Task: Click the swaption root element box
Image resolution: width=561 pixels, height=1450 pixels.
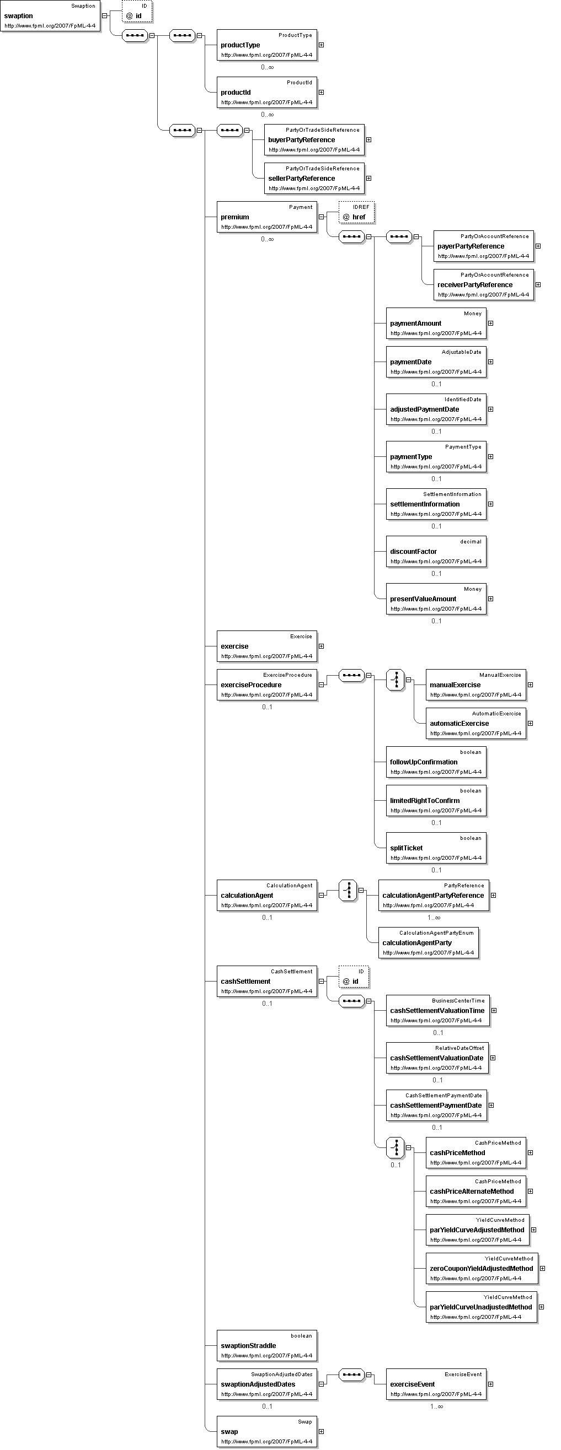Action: tap(50, 16)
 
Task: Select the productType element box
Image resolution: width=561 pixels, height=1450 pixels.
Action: tap(267, 45)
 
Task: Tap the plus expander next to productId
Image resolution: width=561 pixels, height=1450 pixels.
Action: tap(321, 93)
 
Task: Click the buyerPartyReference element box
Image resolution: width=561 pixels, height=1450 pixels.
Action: tap(314, 139)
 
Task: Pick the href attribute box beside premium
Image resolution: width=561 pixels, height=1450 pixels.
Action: tap(356, 213)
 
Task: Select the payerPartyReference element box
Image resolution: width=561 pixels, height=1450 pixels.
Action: tap(484, 246)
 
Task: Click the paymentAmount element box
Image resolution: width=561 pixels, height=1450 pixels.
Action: tap(436, 323)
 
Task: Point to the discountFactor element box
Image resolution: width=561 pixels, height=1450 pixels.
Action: tap(436, 552)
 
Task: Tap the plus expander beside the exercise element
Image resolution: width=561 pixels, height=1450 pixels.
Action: tap(321, 646)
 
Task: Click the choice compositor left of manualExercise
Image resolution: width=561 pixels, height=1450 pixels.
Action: tap(396, 680)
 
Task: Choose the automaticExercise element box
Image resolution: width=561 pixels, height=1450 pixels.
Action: tap(476, 723)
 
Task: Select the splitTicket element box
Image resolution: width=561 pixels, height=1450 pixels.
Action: tap(436, 848)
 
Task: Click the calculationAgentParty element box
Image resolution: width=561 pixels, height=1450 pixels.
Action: tap(429, 943)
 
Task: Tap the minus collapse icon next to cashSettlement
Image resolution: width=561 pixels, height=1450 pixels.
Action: tap(321, 981)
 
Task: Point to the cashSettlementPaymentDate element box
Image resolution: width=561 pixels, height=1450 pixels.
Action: tap(436, 1106)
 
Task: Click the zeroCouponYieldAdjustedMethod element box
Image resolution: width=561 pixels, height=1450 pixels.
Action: tap(482, 1269)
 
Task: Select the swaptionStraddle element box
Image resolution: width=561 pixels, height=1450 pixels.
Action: tap(267, 1346)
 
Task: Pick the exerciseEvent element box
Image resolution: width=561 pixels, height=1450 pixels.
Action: tap(436, 1384)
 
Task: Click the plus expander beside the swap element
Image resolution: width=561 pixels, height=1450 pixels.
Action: tap(321, 1431)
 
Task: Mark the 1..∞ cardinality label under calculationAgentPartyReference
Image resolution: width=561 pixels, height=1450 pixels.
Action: tap(434, 918)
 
